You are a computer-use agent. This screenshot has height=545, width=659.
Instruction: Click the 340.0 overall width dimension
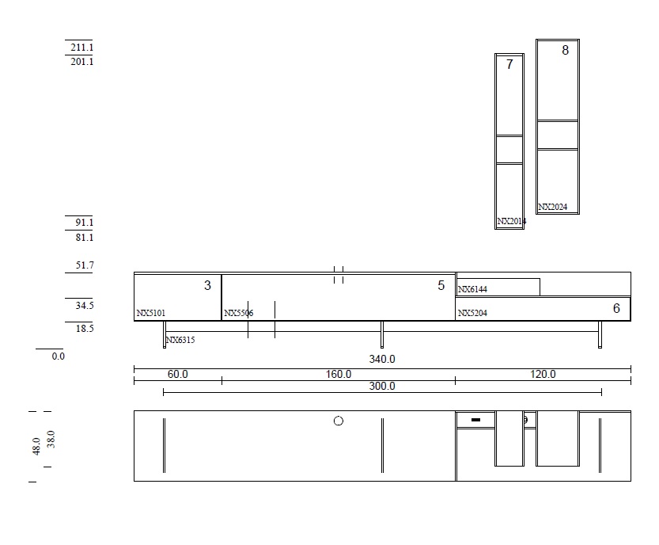tap(382, 360)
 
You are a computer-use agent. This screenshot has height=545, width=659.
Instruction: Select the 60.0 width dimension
tap(177, 374)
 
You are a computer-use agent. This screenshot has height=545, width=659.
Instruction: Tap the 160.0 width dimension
tap(339, 374)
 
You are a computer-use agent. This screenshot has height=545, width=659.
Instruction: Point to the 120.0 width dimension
tap(543, 374)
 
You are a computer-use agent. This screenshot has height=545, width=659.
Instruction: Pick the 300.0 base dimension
tap(382, 386)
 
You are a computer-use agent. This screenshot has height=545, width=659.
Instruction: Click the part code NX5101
tap(151, 314)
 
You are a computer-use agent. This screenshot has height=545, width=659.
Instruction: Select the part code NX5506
tap(239, 314)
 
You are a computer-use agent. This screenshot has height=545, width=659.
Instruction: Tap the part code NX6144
tap(472, 290)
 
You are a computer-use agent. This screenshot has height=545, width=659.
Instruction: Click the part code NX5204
tap(472, 314)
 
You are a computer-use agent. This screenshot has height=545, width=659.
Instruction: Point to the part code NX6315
tap(180, 340)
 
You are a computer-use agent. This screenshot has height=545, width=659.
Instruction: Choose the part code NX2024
tap(552, 208)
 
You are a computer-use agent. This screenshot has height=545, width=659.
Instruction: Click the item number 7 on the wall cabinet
tap(509, 65)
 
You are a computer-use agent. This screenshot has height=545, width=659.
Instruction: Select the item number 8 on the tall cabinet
tap(565, 51)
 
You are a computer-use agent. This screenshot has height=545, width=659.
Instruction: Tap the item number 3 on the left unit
tap(207, 286)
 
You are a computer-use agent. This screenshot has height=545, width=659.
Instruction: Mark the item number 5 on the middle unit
tap(441, 286)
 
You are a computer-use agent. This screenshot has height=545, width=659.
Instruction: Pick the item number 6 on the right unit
tap(616, 308)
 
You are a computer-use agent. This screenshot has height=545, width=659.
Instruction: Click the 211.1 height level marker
tap(81, 48)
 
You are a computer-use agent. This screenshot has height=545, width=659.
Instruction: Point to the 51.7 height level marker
tap(85, 266)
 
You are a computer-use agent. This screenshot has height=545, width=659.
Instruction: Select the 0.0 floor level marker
tap(58, 356)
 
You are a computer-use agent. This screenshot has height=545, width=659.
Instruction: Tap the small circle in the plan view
tap(339, 421)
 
